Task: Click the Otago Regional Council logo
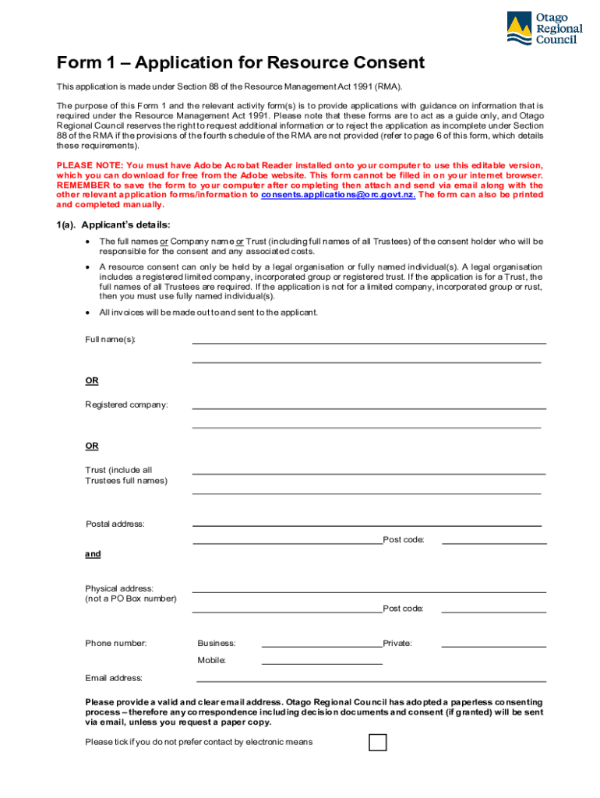(x=544, y=29)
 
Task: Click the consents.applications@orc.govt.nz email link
(x=337, y=195)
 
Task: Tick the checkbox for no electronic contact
(x=377, y=742)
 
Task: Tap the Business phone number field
(x=322, y=644)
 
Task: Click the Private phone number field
(x=494, y=644)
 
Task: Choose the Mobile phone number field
(x=322, y=661)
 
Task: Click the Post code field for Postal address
(x=494, y=540)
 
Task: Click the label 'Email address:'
(x=114, y=678)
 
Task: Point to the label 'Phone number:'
(x=116, y=644)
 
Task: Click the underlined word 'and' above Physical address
(x=93, y=554)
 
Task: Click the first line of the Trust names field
(x=369, y=471)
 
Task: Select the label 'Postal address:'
(x=115, y=524)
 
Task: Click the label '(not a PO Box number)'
(x=131, y=598)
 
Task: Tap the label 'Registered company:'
(x=126, y=405)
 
